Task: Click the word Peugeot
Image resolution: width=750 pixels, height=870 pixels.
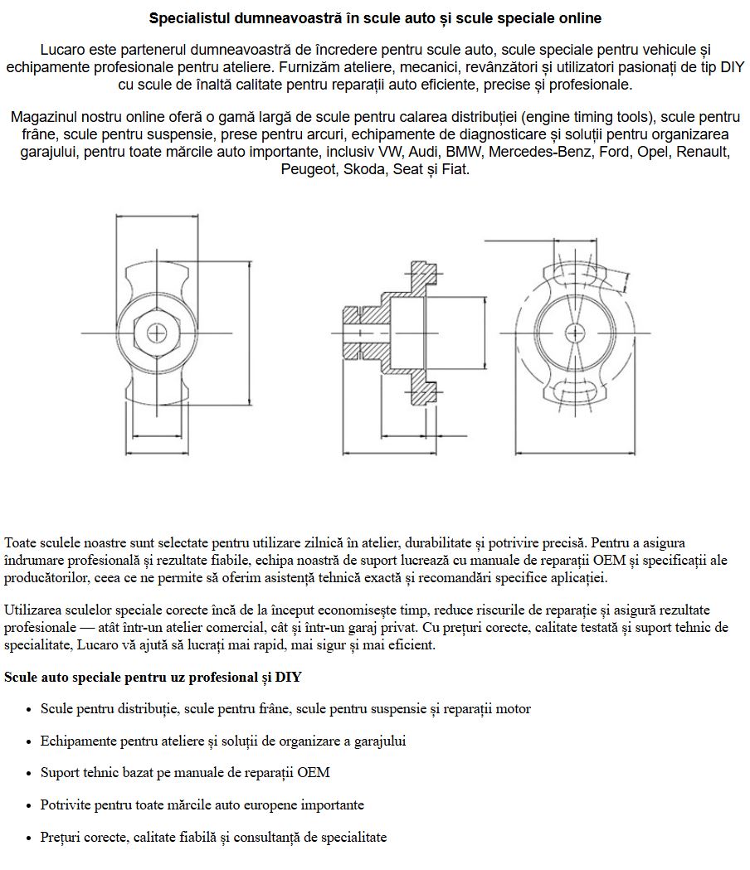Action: tap(308, 169)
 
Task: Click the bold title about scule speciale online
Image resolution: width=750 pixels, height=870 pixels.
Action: tap(375, 17)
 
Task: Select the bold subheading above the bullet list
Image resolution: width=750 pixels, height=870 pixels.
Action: tap(153, 678)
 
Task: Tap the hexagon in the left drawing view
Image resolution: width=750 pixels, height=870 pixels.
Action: tap(155, 333)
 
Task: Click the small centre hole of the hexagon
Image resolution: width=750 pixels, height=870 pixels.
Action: tap(155, 333)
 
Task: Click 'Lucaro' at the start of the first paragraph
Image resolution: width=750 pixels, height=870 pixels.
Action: tap(63, 50)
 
